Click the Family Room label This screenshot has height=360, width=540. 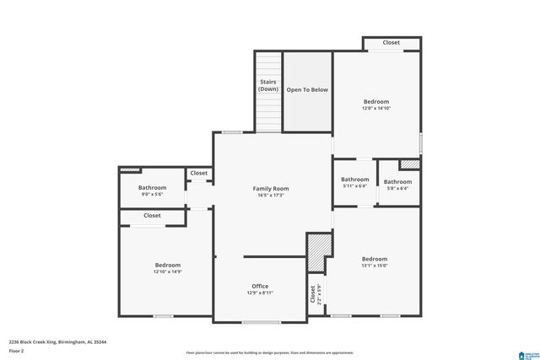pos(271,188)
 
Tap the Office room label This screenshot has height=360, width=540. pos(260,286)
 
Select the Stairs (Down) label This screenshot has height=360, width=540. pos(268,85)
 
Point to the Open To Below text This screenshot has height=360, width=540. pos(307,89)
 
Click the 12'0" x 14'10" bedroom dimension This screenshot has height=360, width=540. pos(376,108)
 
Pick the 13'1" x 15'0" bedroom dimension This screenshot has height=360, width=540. pos(375,266)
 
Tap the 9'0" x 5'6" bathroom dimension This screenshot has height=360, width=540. pos(153,195)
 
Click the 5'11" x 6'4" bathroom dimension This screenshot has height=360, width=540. pos(354,186)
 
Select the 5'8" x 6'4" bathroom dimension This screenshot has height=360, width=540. pos(397,189)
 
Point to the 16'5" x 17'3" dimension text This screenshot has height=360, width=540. pos(271,196)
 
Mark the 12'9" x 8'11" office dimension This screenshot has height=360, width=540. pos(260,293)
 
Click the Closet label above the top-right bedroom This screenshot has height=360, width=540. pos(391,42)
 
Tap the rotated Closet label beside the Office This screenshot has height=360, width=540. pos(314,295)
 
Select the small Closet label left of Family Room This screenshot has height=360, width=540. pos(198,173)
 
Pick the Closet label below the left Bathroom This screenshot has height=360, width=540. pos(152,216)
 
